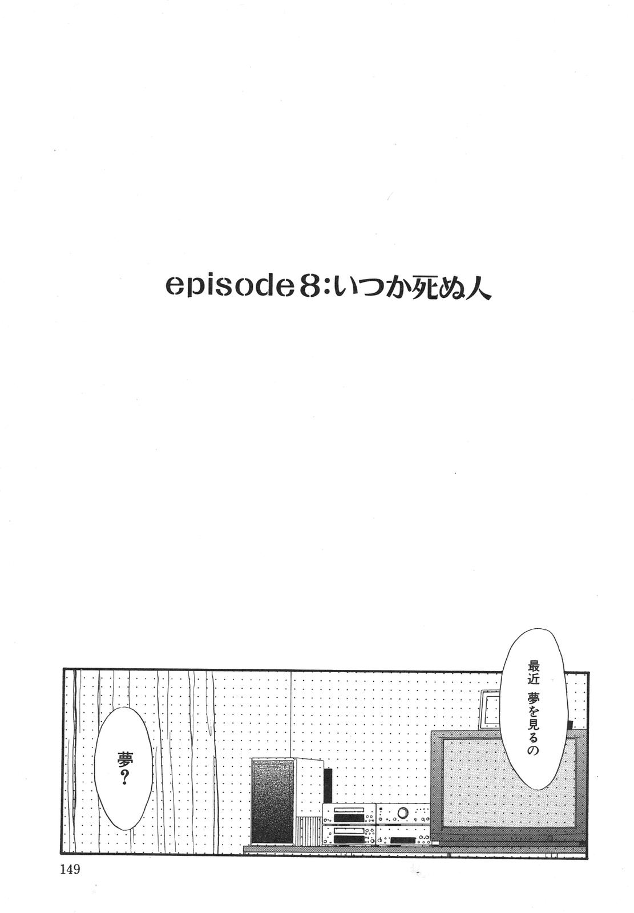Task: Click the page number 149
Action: point(68,870)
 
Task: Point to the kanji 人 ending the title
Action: point(476,287)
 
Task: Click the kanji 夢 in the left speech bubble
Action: point(123,759)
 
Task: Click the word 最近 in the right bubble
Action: point(534,672)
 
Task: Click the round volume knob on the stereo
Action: point(403,812)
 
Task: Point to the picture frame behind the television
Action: point(490,709)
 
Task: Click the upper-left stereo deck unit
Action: point(349,813)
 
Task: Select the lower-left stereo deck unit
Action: point(349,836)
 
